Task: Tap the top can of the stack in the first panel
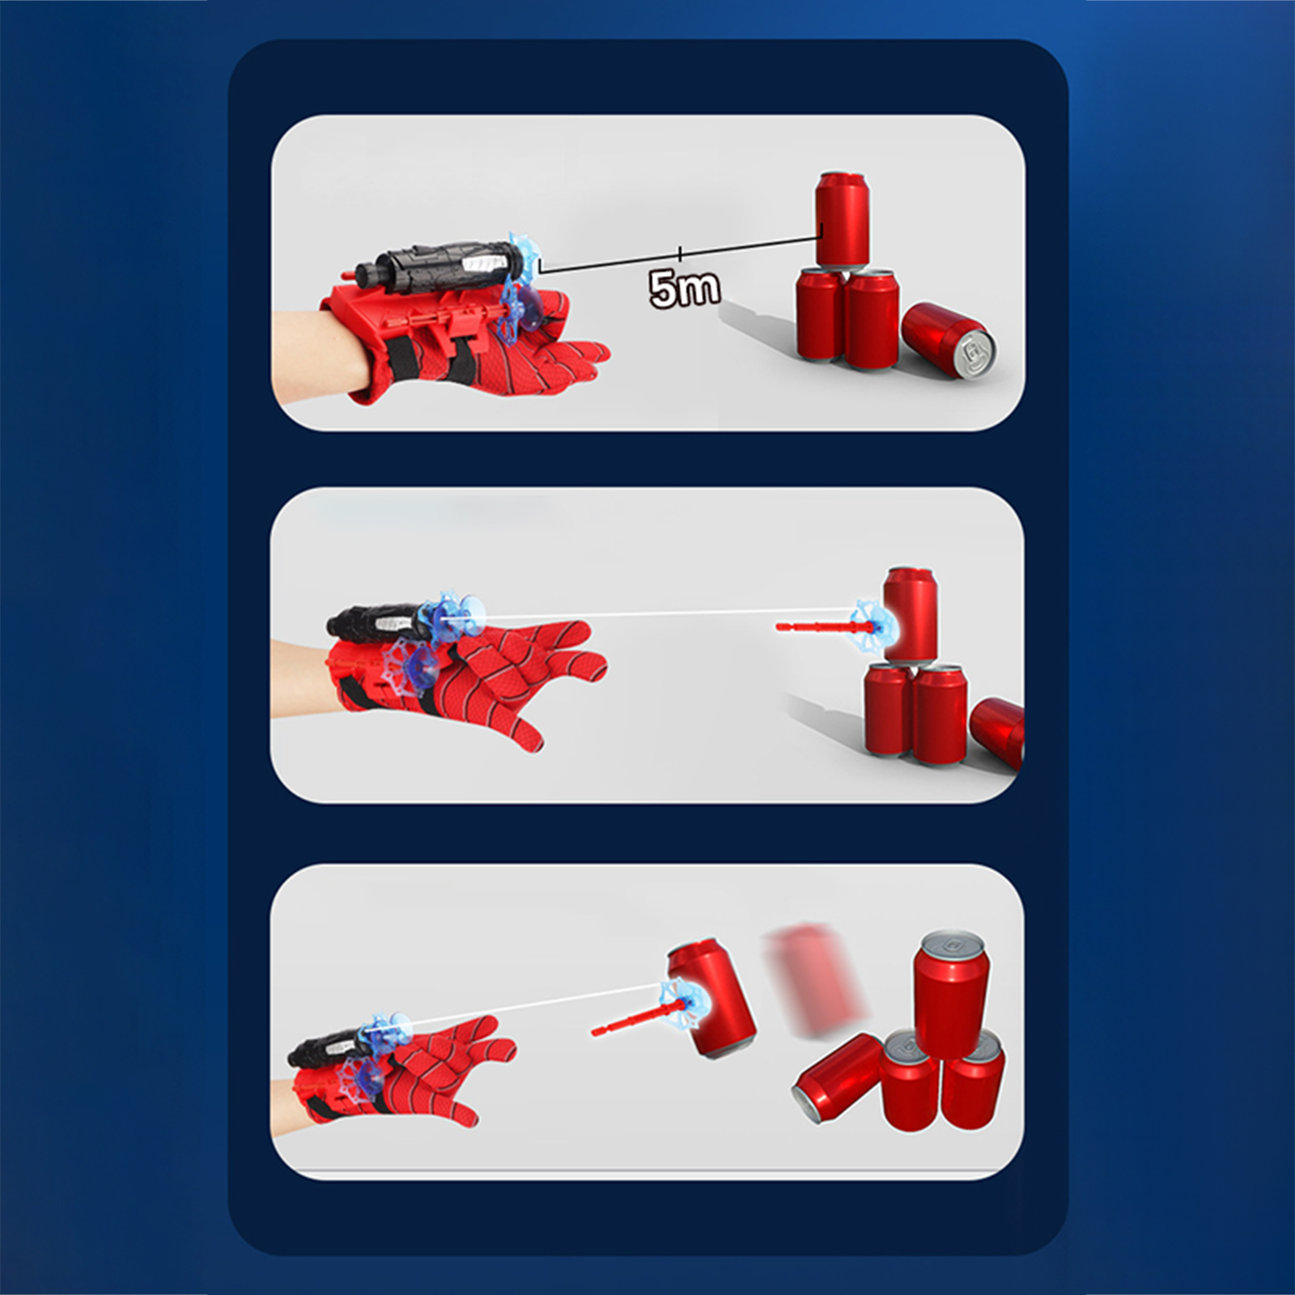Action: click(x=843, y=219)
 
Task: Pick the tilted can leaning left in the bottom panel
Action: click(x=838, y=1070)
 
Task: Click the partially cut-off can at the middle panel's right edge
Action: click(x=998, y=732)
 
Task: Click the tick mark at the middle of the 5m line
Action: click(x=680, y=253)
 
